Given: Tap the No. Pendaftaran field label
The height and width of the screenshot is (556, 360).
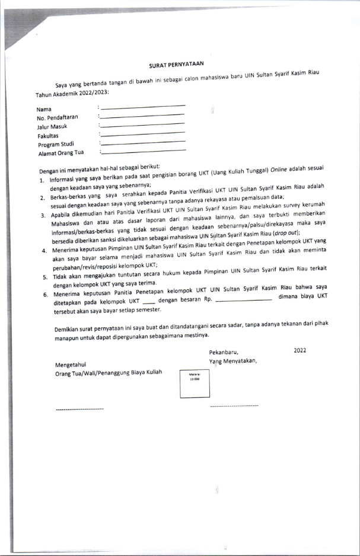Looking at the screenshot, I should pos(58,118).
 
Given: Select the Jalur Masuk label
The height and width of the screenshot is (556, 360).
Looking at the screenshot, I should pos(52,127).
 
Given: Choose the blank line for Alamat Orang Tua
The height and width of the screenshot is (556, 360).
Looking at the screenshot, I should pos(143,151).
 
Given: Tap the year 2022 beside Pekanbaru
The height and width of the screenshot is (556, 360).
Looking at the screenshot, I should pos(300,351).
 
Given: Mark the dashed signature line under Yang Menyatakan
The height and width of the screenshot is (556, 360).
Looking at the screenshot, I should pos(234,406).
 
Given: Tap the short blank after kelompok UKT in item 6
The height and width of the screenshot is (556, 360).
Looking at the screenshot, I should pos(149,301).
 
